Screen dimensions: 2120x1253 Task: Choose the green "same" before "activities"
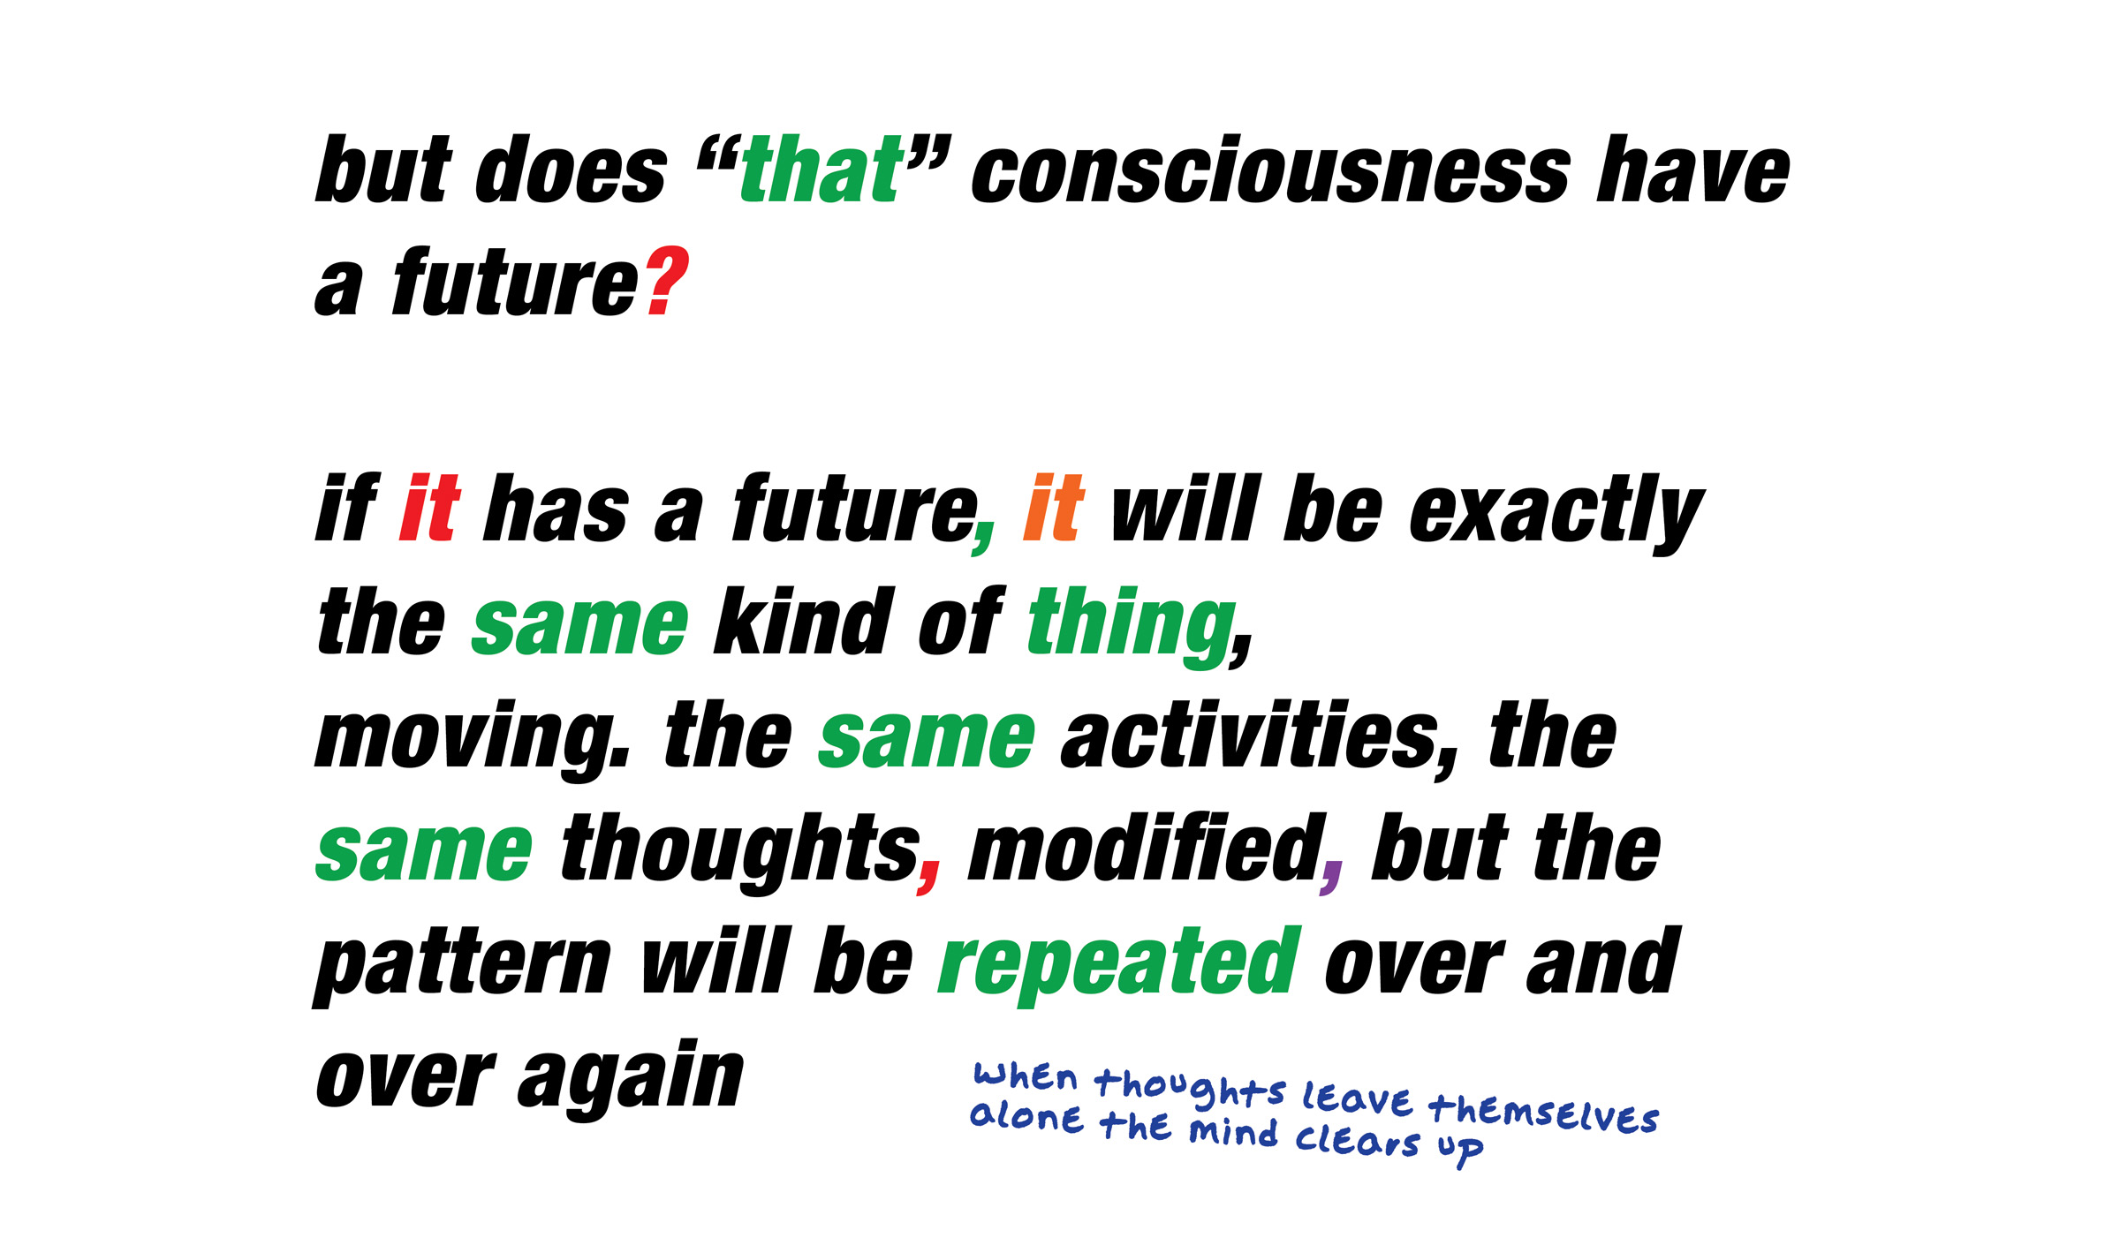[927, 740]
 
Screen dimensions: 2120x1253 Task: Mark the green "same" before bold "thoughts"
[425, 853]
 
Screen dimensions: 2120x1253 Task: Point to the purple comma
[1331, 878]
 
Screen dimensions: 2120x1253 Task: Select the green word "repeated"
[1119, 966]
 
